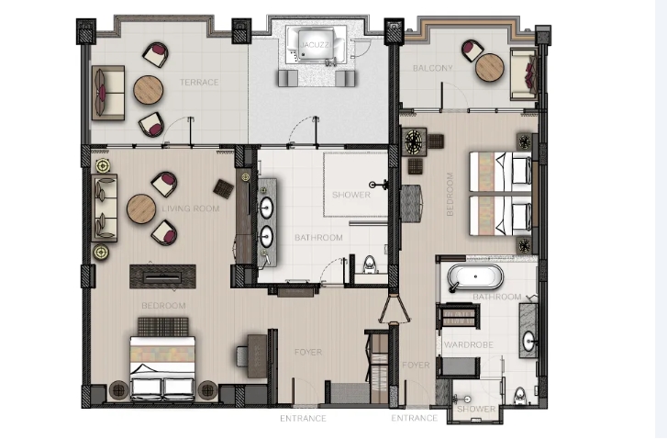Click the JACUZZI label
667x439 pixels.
click(x=316, y=45)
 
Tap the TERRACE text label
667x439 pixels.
click(x=199, y=82)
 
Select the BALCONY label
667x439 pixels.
click(x=433, y=68)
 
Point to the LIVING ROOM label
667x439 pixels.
click(x=191, y=208)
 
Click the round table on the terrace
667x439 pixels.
click(x=149, y=90)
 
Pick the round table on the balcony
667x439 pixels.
click(x=490, y=68)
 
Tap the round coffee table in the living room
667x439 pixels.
click(x=141, y=209)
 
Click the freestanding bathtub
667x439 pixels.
click(x=475, y=277)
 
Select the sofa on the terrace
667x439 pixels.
click(x=108, y=93)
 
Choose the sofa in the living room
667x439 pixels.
click(x=105, y=208)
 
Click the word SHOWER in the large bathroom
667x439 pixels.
click(x=351, y=195)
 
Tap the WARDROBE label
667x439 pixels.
click(x=468, y=345)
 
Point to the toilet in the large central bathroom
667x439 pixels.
click(x=370, y=265)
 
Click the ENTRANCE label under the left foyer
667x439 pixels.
click(x=304, y=419)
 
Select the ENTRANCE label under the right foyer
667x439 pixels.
click(x=415, y=418)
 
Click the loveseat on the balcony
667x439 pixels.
click(x=525, y=74)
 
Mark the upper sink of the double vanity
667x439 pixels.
click(x=266, y=208)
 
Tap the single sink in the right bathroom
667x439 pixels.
click(x=528, y=342)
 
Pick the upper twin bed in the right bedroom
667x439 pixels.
click(x=501, y=172)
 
